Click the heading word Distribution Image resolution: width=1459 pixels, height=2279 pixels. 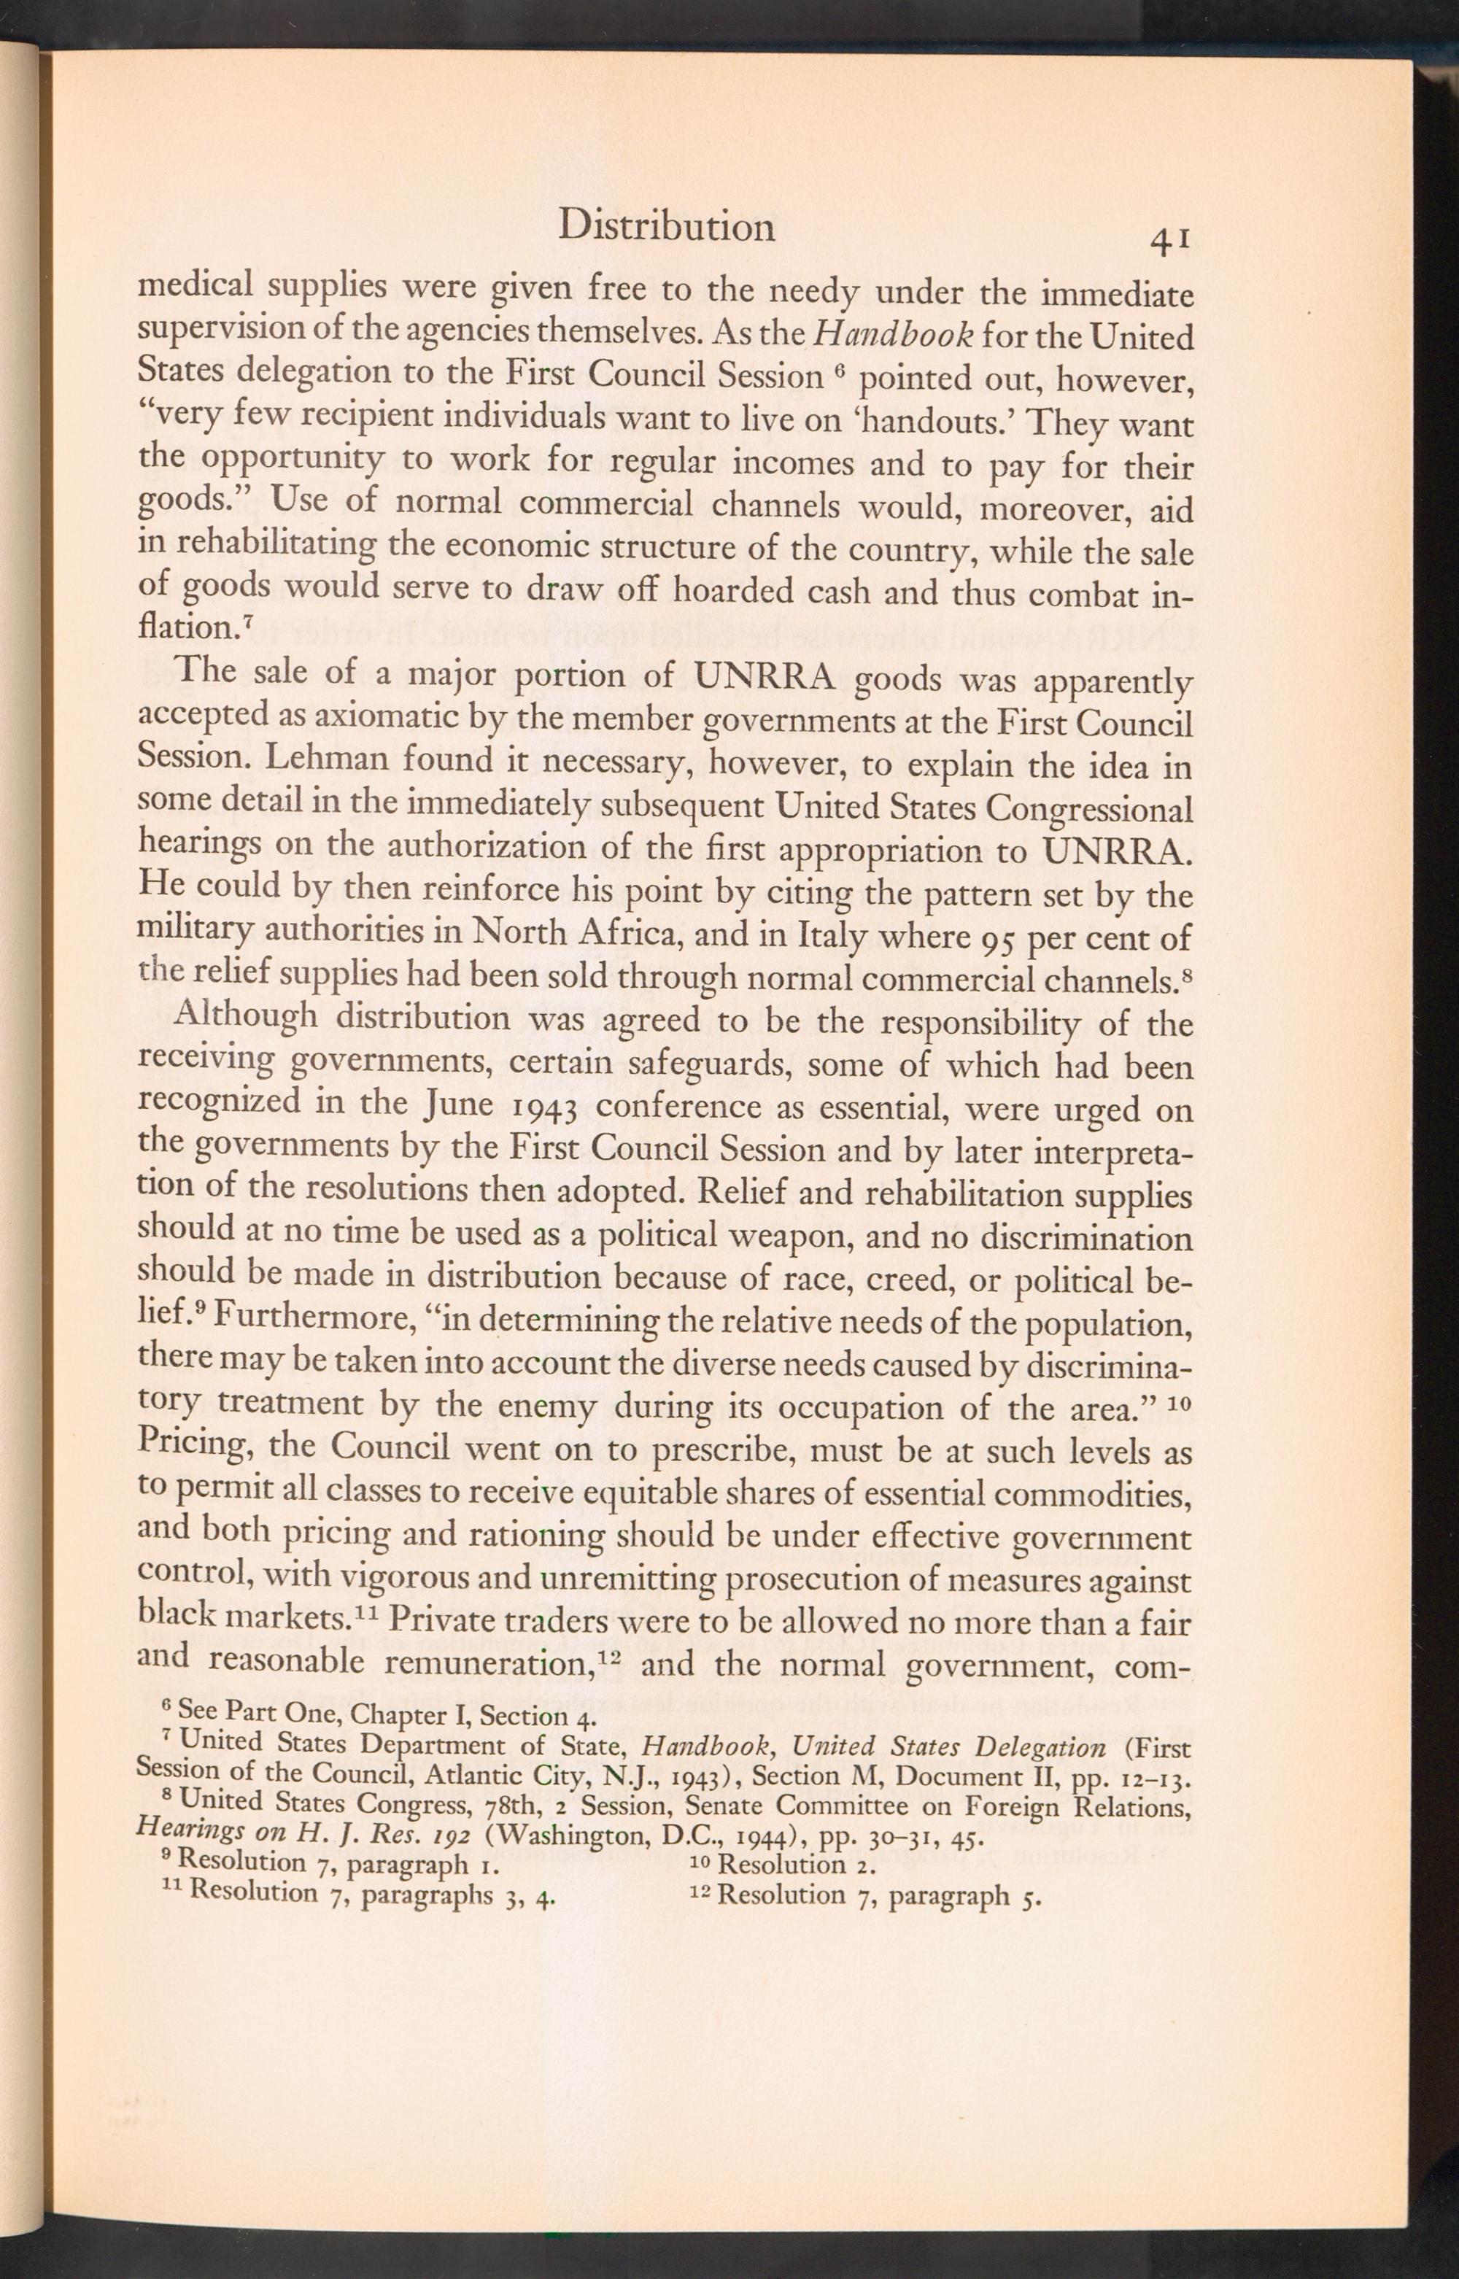[666, 226]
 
